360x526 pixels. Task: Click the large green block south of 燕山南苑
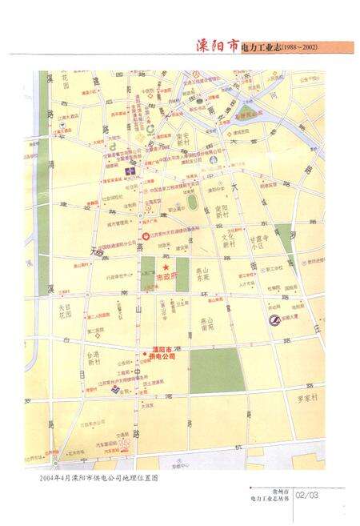pos(215,370)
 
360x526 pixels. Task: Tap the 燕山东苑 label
pos(209,275)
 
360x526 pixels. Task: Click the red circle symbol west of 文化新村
pos(145,236)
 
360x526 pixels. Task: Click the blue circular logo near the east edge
pos(274,322)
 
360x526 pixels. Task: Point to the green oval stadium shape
pos(193,203)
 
